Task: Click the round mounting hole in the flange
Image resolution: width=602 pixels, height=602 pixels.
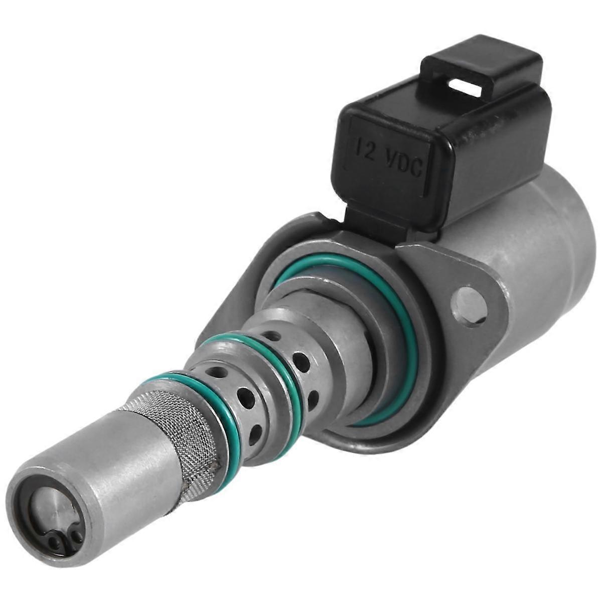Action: pyautogui.click(x=469, y=305)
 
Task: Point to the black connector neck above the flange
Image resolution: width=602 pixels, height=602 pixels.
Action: pyautogui.click(x=371, y=221)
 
